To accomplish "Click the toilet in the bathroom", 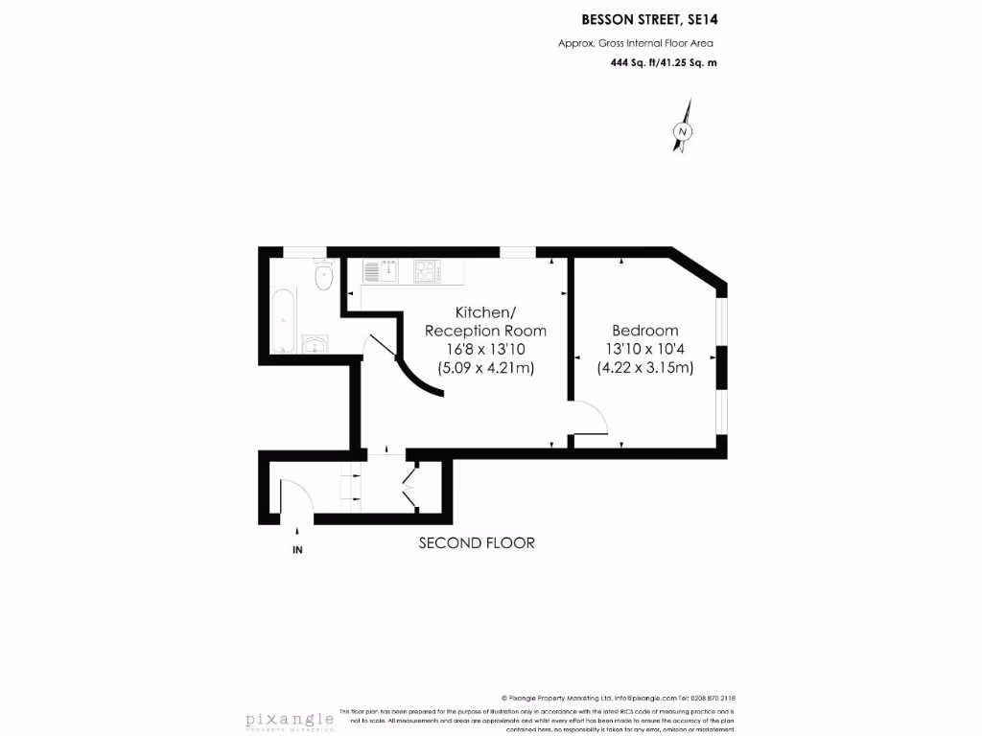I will pyautogui.click(x=323, y=275).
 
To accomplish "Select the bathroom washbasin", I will pyautogui.click(x=314, y=344).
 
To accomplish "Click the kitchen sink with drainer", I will pyautogui.click(x=380, y=272).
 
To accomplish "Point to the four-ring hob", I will pyautogui.click(x=426, y=272).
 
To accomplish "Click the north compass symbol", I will pyautogui.click(x=683, y=132).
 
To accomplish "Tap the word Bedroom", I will pyautogui.click(x=644, y=331).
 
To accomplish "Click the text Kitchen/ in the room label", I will pyautogui.click(x=485, y=312).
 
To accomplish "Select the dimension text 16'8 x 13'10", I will pyautogui.click(x=485, y=349).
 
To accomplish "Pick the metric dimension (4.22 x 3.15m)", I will pyautogui.click(x=644, y=367).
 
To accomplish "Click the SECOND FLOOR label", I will pyautogui.click(x=477, y=543).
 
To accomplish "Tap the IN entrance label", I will pyautogui.click(x=297, y=550).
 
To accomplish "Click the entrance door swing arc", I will pyautogui.click(x=297, y=494).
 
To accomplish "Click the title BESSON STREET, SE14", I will pyautogui.click(x=649, y=18).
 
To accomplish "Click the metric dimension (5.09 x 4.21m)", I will pyautogui.click(x=485, y=367).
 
